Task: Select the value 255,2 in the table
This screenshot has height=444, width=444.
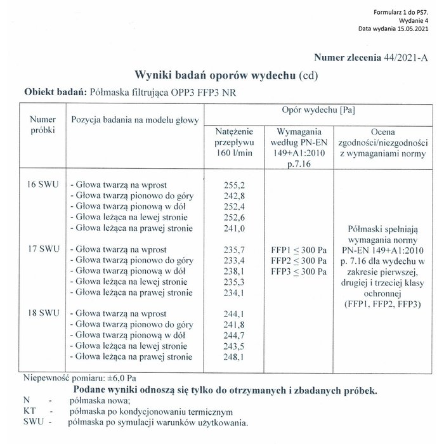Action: tap(235, 185)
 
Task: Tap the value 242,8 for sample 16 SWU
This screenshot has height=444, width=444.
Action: tap(235, 195)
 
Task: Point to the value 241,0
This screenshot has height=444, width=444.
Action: tap(235, 228)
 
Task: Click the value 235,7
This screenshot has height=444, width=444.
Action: tap(235, 249)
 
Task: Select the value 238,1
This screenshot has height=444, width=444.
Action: tap(235, 271)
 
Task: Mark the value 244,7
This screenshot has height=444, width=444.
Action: tap(235, 335)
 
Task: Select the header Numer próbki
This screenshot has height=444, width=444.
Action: tap(43, 124)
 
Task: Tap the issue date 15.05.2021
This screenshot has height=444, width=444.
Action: tap(416, 29)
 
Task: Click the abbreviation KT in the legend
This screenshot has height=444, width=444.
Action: tap(29, 411)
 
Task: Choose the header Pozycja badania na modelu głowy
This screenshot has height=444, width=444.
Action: tap(135, 119)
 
